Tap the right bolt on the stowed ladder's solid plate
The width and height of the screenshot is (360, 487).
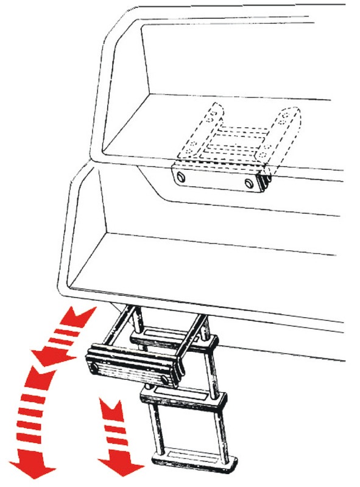click(249, 183)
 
